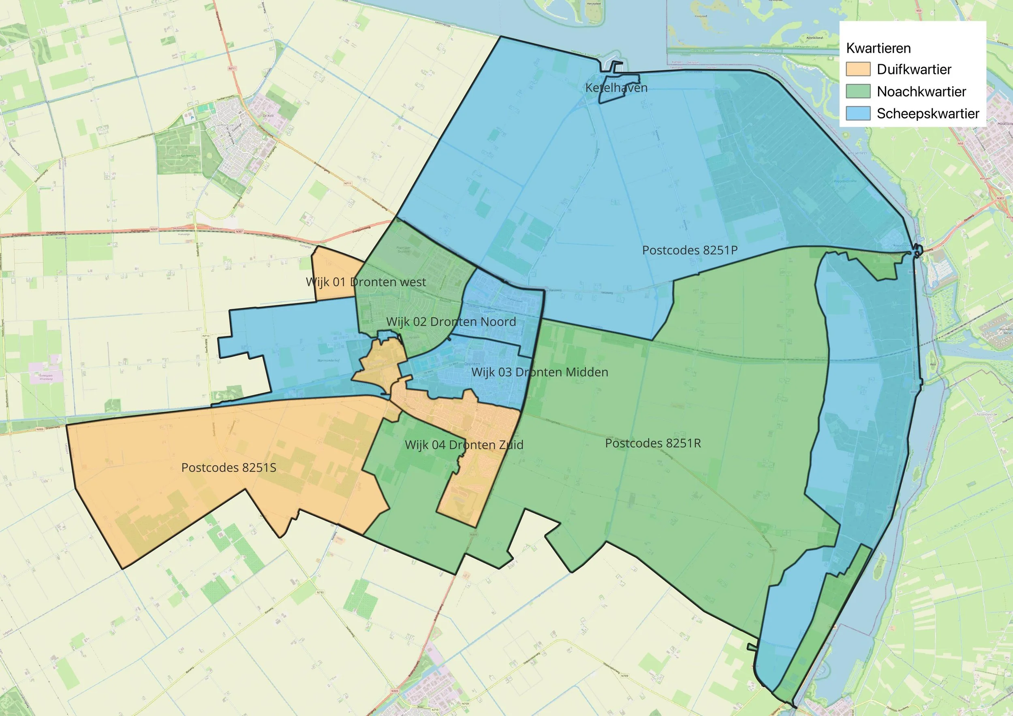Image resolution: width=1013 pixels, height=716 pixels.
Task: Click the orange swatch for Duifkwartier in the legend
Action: [858, 69]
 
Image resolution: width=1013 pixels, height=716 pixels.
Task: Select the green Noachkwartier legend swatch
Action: [858, 91]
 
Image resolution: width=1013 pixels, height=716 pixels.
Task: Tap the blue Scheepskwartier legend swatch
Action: [858, 113]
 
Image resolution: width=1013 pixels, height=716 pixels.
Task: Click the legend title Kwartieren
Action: [878, 48]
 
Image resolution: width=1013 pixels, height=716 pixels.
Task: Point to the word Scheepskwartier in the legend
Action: [928, 113]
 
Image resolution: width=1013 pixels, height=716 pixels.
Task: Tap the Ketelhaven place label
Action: [616, 88]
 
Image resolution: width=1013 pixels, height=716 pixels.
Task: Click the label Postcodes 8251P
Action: [690, 250]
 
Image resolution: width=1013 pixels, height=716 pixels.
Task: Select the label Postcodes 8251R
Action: [652, 443]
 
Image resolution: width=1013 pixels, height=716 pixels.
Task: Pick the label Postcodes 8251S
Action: [229, 467]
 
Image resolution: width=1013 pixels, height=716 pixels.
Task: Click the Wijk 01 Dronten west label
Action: [366, 282]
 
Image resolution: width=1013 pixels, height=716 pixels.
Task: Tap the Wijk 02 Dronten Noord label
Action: [451, 322]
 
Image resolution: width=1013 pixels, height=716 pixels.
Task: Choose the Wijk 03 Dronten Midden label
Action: [539, 372]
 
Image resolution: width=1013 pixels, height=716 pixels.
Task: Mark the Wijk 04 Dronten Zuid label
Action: [464, 445]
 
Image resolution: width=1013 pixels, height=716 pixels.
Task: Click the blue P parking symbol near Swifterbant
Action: [192, 118]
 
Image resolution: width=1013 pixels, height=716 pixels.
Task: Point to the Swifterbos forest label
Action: [188, 156]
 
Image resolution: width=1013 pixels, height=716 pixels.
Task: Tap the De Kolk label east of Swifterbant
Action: [268, 115]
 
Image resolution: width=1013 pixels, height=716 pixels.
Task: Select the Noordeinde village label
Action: [987, 414]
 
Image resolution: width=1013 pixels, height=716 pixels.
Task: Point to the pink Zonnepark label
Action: [45, 377]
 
